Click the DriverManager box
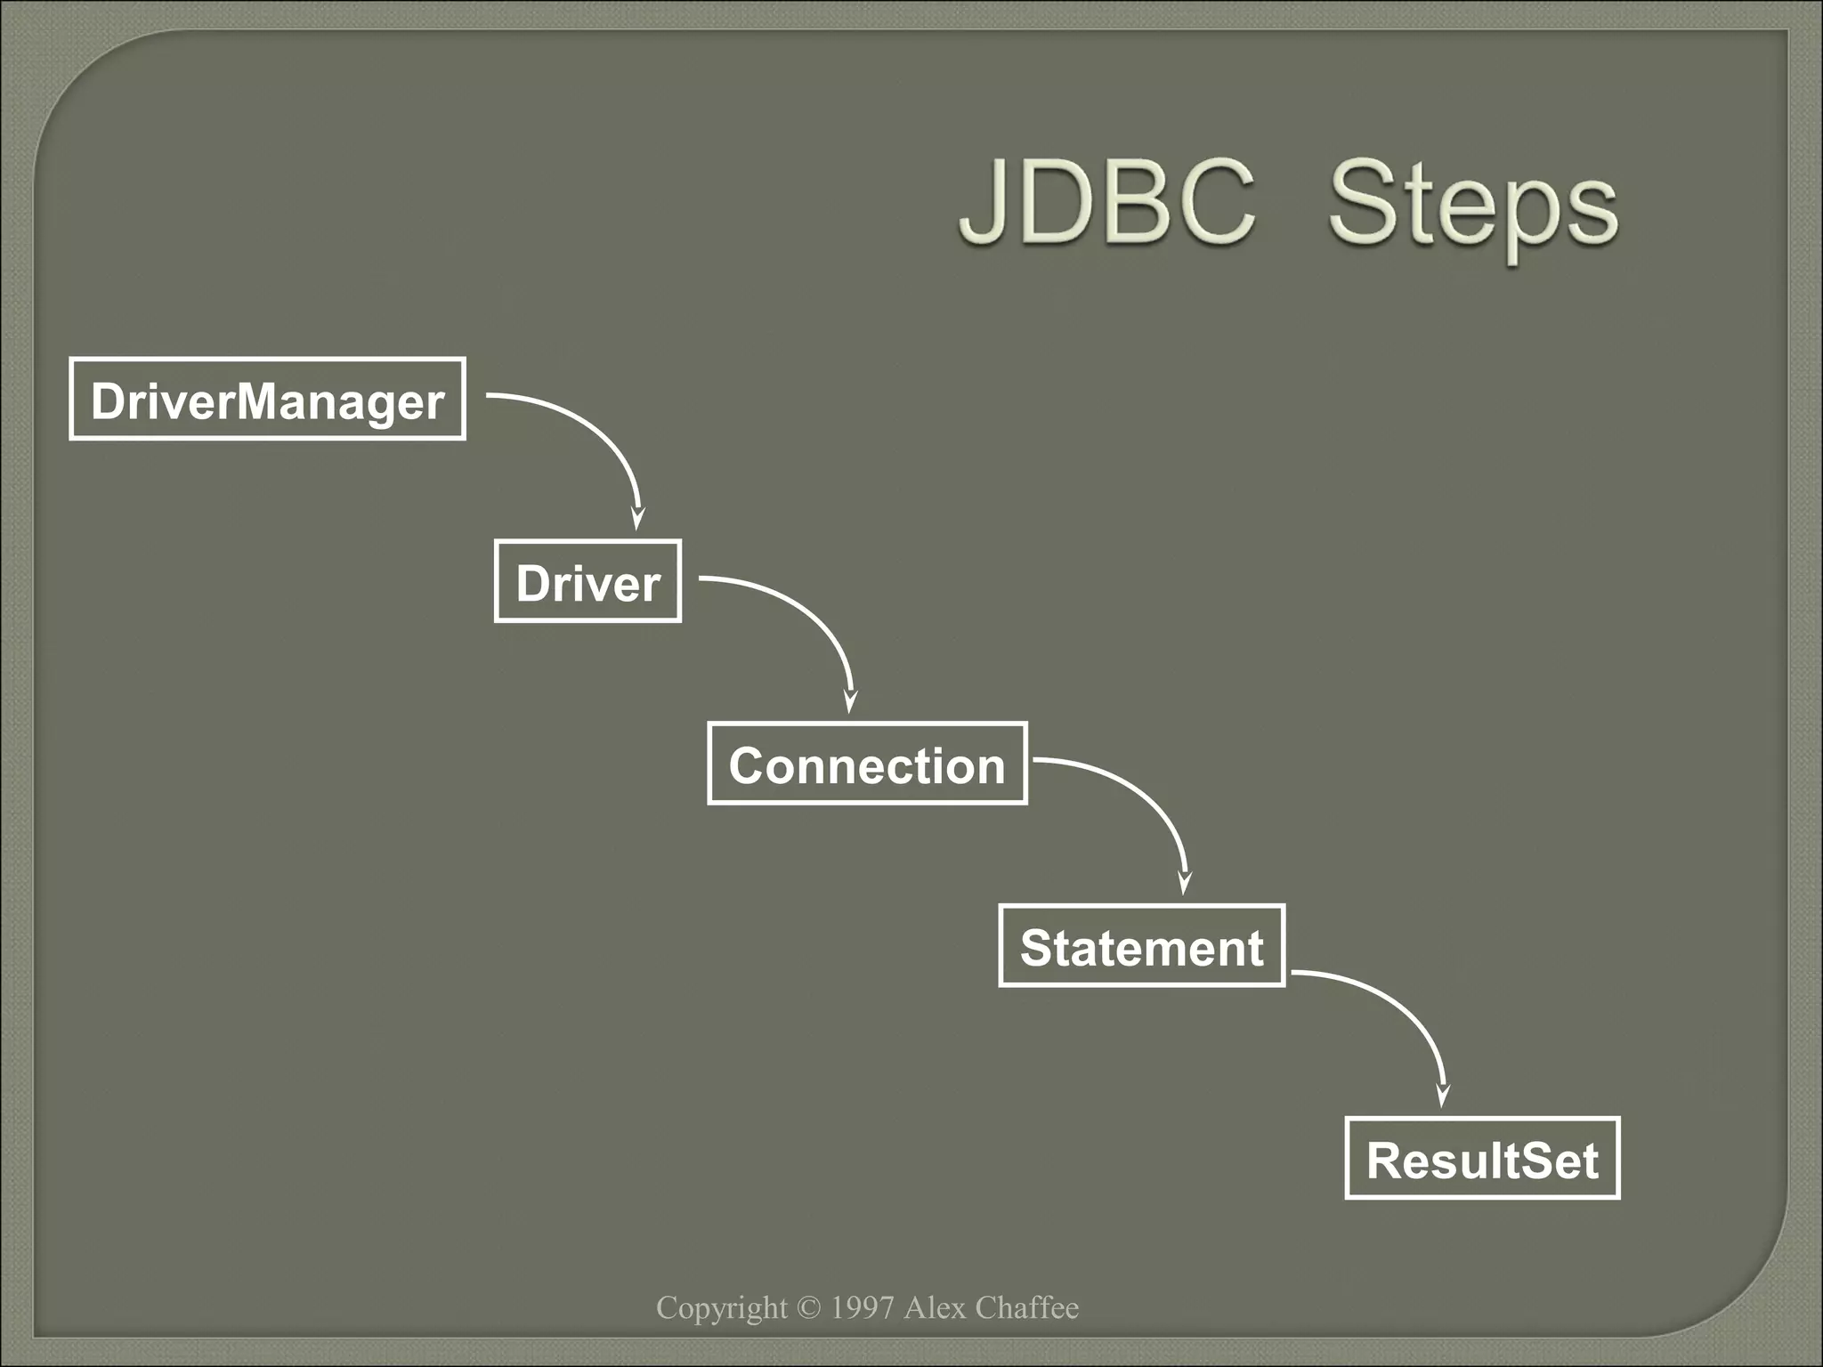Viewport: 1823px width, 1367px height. pyautogui.click(x=267, y=400)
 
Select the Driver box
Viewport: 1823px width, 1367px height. pyautogui.click(x=587, y=582)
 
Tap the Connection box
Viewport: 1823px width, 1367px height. pyautogui.click(x=867, y=764)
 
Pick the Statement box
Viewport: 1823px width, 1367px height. pyautogui.click(x=1141, y=946)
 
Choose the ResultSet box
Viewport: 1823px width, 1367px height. pyautogui.click(x=1482, y=1159)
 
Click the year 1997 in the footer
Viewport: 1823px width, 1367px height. pyautogui.click(x=862, y=1307)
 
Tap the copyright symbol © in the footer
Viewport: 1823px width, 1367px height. pyautogui.click(x=808, y=1307)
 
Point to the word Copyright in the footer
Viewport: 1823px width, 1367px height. pyautogui.click(x=721, y=1308)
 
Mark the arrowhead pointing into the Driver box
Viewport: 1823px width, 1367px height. pyautogui.click(x=637, y=519)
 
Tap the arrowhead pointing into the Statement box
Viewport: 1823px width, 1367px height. pyautogui.click(x=1185, y=883)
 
